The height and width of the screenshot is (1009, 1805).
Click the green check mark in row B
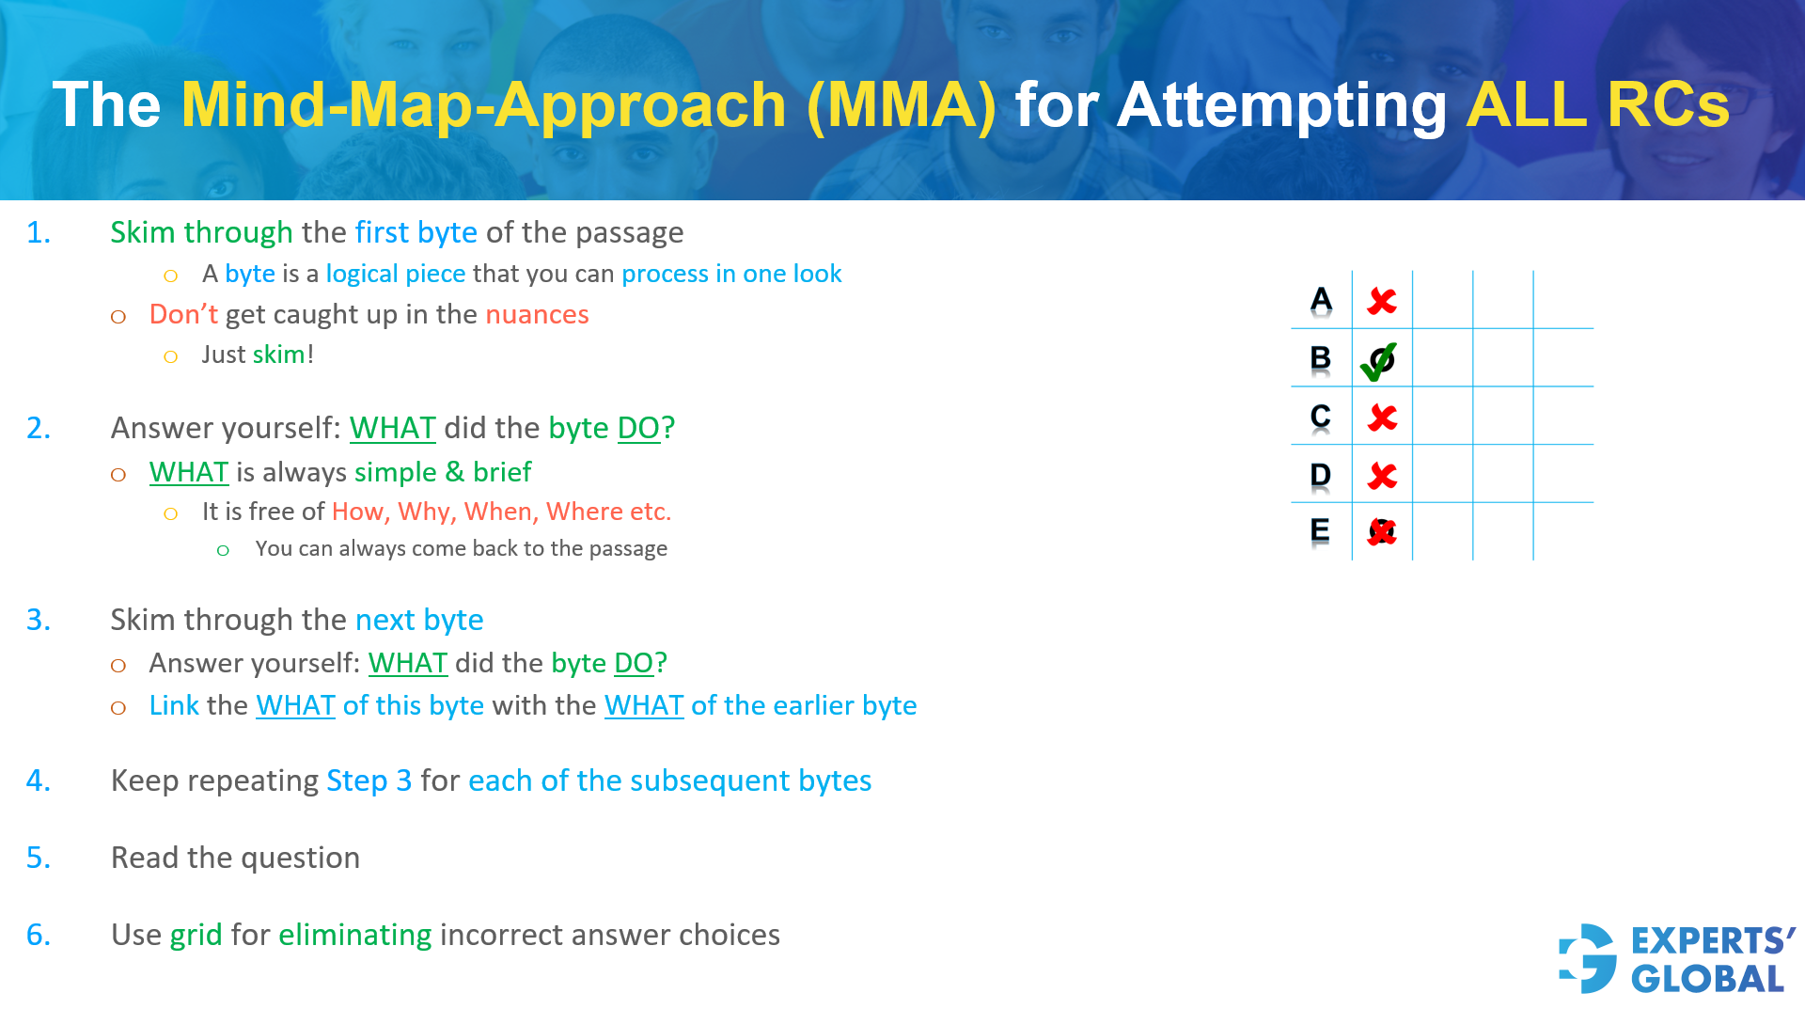coord(1378,362)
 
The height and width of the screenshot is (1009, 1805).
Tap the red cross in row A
coord(1382,301)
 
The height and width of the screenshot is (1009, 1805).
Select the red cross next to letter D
coord(1382,476)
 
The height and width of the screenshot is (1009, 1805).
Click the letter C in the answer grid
coord(1321,417)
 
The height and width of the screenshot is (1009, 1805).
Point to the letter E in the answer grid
coord(1320,530)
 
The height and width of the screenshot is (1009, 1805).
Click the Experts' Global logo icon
coord(1588,958)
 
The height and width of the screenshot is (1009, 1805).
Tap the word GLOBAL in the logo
coord(1707,979)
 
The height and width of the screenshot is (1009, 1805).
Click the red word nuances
coord(537,314)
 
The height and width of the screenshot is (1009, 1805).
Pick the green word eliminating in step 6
coord(355,935)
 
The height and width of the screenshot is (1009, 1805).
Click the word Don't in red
coord(183,313)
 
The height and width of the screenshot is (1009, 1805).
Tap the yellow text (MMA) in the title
coord(902,104)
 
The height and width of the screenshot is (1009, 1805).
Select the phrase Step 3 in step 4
coord(369,780)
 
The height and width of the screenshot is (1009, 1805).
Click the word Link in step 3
coord(174,705)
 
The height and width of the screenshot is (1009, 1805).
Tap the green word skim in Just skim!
coord(278,355)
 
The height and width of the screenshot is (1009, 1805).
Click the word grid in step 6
coord(196,935)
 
